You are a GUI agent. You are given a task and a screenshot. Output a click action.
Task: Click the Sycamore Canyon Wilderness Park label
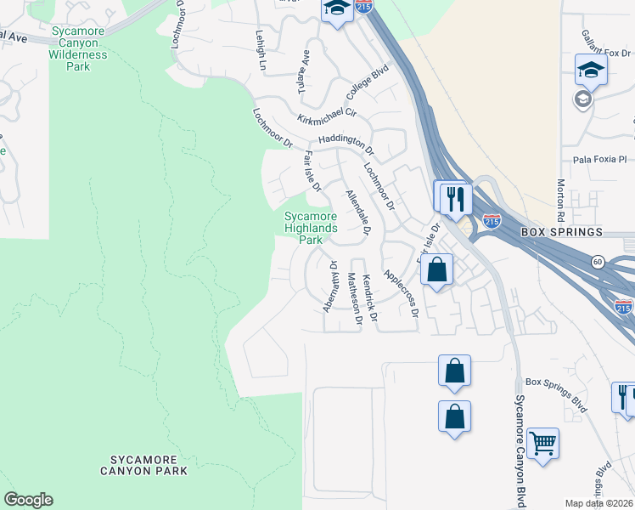tap(80, 49)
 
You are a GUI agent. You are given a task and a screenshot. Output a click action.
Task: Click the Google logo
tap(28, 500)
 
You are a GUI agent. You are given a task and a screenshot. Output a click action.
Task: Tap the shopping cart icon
tap(542, 442)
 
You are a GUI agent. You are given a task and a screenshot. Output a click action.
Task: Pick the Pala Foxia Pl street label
tap(598, 159)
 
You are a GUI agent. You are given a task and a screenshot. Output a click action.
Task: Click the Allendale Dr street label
tap(358, 212)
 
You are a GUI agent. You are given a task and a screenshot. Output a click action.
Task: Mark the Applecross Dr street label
tap(401, 294)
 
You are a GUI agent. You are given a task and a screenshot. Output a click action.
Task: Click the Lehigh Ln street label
tap(261, 49)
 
